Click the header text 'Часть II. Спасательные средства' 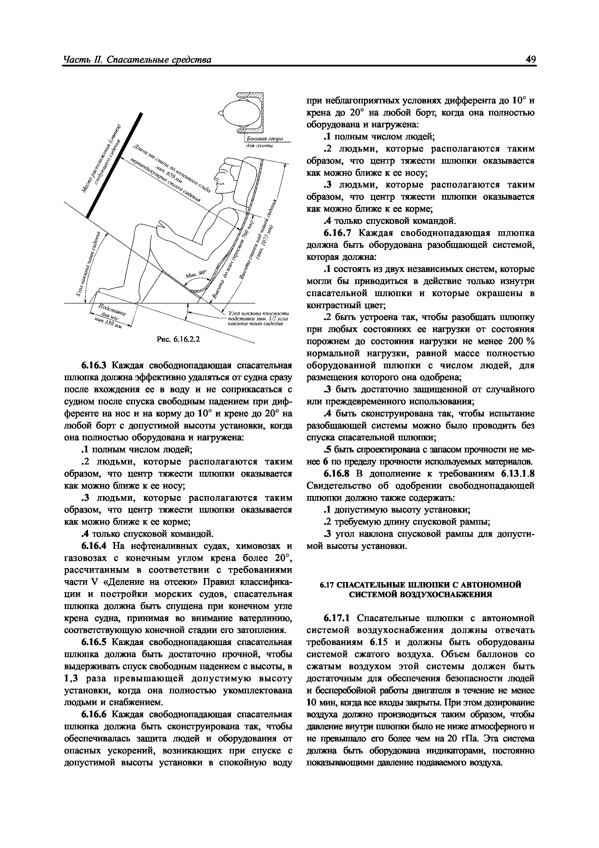click(137, 60)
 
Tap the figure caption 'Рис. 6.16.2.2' click(178, 339)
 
